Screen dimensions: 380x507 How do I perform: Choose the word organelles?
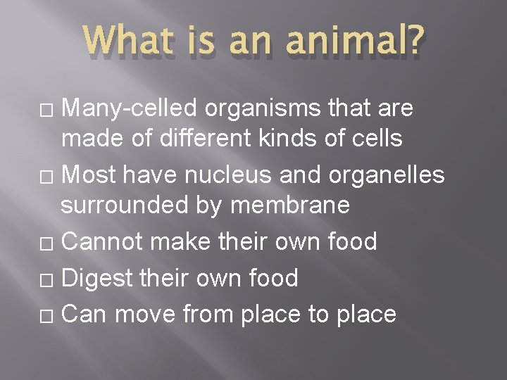pyautogui.click(x=383, y=174)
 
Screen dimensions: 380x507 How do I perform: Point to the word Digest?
pyautogui.click(x=97, y=279)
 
